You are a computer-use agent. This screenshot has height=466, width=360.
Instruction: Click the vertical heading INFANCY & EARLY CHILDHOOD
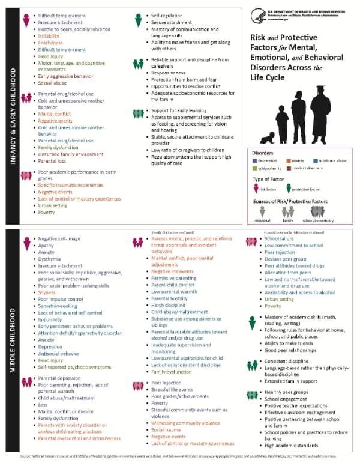pyautogui.click(x=13, y=115)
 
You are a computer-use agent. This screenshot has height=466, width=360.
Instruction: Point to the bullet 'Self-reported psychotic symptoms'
pyautogui.click(x=74, y=367)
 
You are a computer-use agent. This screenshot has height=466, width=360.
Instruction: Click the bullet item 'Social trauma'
pyautogui.click(x=166, y=430)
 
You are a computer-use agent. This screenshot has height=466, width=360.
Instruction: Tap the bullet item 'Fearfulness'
pyautogui.click(x=50, y=43)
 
